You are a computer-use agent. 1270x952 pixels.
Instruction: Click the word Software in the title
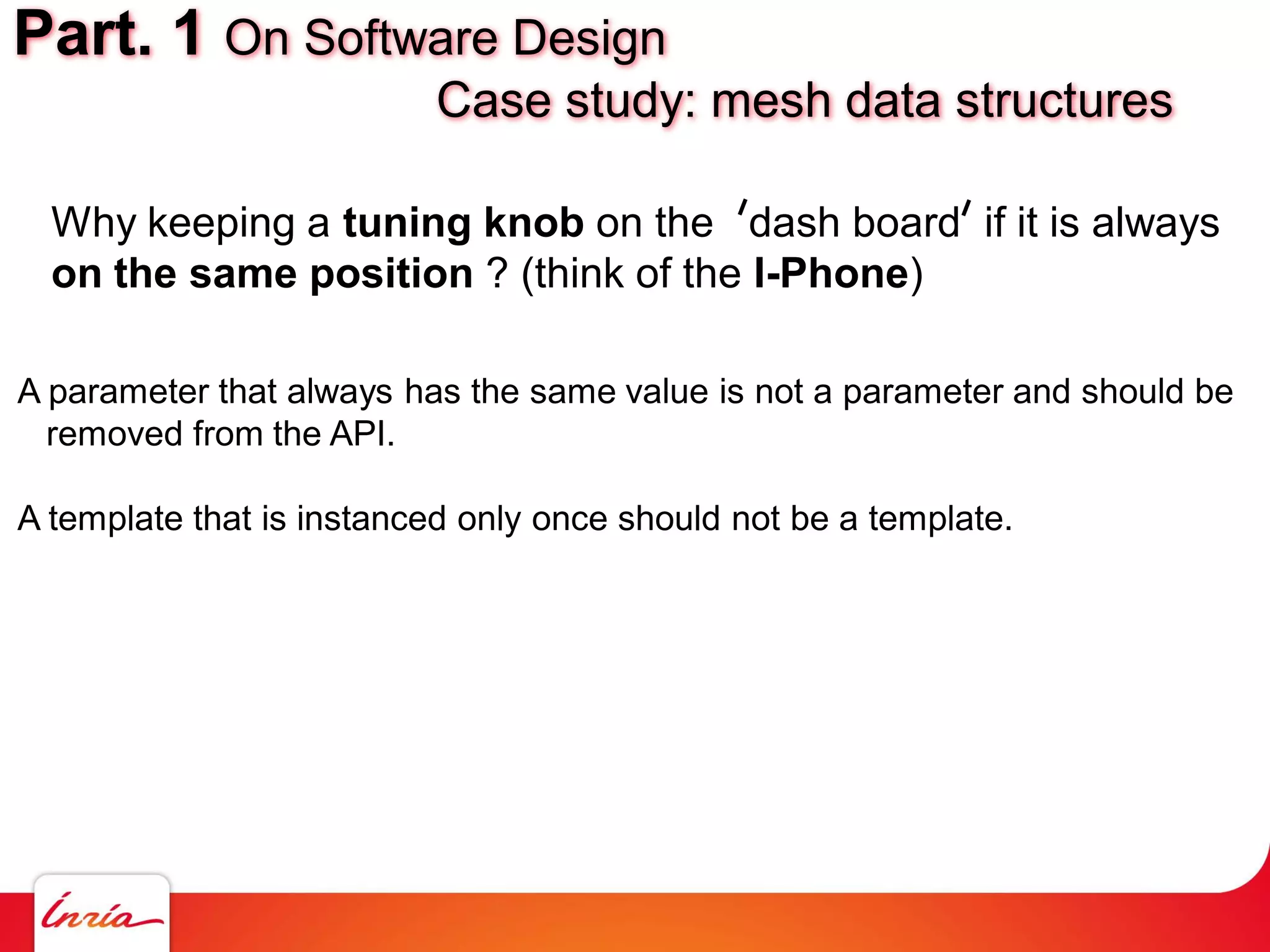point(401,38)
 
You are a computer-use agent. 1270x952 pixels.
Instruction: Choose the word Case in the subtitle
point(494,100)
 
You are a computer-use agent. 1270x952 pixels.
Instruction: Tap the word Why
point(93,223)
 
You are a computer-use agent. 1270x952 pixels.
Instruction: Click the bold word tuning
point(406,224)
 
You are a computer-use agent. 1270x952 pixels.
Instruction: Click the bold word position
point(391,275)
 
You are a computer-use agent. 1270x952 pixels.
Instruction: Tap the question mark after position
point(497,273)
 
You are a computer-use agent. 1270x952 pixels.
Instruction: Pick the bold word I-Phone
point(831,273)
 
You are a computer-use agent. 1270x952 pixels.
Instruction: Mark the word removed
point(114,433)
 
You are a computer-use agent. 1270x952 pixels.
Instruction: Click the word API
point(362,433)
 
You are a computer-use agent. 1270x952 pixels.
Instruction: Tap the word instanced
point(371,518)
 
